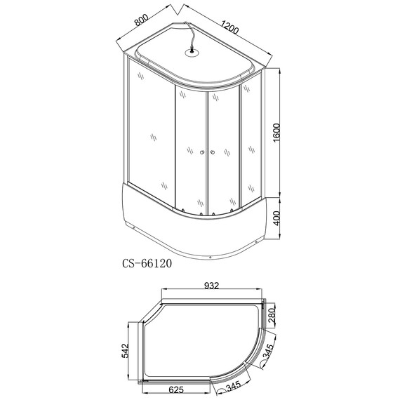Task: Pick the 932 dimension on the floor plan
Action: pyautogui.click(x=213, y=286)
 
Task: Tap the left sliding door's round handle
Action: pyautogui.click(x=200, y=152)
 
